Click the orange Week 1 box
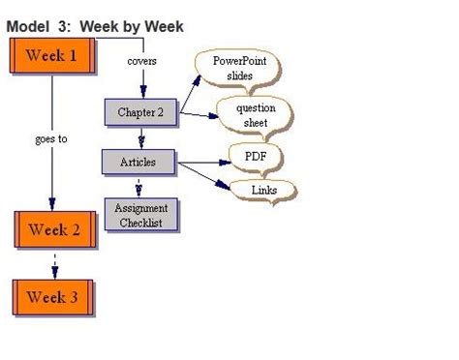click(x=53, y=56)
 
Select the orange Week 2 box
click(x=54, y=230)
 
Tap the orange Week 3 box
click(x=53, y=297)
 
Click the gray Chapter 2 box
click(x=140, y=112)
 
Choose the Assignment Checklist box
click(x=140, y=215)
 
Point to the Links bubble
click(x=263, y=191)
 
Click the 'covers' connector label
click(x=141, y=62)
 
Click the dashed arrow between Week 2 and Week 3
click(x=54, y=263)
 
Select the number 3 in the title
click(x=63, y=26)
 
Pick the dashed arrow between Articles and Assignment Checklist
click(x=140, y=186)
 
